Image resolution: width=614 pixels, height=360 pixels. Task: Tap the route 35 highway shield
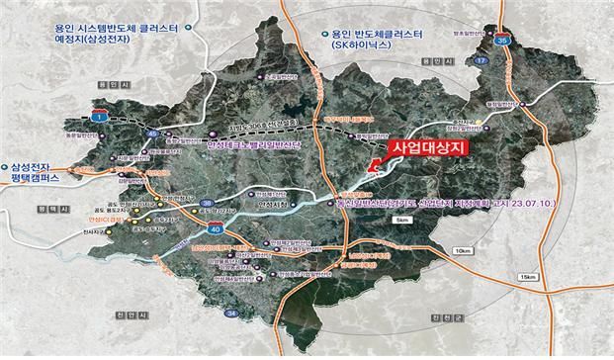tap(502, 41)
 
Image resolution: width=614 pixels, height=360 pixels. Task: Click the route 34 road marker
tap(231, 314)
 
